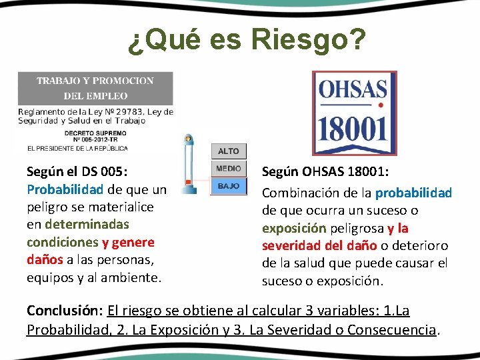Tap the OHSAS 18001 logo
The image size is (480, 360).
pos(352,113)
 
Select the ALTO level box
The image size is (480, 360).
pos(228,151)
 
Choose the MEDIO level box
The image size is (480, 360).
pos(228,169)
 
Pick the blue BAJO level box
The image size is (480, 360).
pos(228,186)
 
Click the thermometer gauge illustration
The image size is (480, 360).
pos(190,163)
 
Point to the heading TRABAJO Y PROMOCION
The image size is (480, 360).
pos(95,81)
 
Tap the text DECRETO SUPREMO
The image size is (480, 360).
pos(95,133)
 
